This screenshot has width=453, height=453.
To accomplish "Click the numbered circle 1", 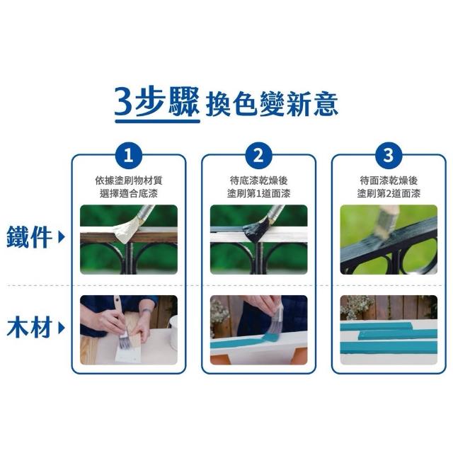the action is point(129,156).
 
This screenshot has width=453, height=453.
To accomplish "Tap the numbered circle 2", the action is point(258,156).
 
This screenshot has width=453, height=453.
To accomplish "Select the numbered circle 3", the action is point(389,156).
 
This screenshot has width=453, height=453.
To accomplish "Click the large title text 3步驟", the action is point(157,102).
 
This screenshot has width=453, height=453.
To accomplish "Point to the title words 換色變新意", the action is point(272,104).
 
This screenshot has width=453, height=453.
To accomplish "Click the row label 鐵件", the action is point(29,237).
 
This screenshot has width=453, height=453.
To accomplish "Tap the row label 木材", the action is point(29,328).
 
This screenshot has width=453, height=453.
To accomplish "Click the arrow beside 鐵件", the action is point(62,238).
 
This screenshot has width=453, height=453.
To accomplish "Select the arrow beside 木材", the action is point(62,328).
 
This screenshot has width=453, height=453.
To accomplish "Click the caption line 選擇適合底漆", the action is point(129,193).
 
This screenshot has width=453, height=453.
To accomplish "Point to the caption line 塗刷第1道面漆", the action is point(258,193).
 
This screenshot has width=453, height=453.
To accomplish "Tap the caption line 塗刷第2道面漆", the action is point(389,193).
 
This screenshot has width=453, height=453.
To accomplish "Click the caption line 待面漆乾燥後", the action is point(389,180).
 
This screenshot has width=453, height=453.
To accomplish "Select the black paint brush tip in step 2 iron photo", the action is point(253,229).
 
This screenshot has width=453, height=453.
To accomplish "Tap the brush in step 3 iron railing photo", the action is point(386,222).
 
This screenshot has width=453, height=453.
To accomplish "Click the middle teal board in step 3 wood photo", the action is point(398,334).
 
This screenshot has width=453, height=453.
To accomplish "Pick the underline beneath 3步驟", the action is point(157,121).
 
